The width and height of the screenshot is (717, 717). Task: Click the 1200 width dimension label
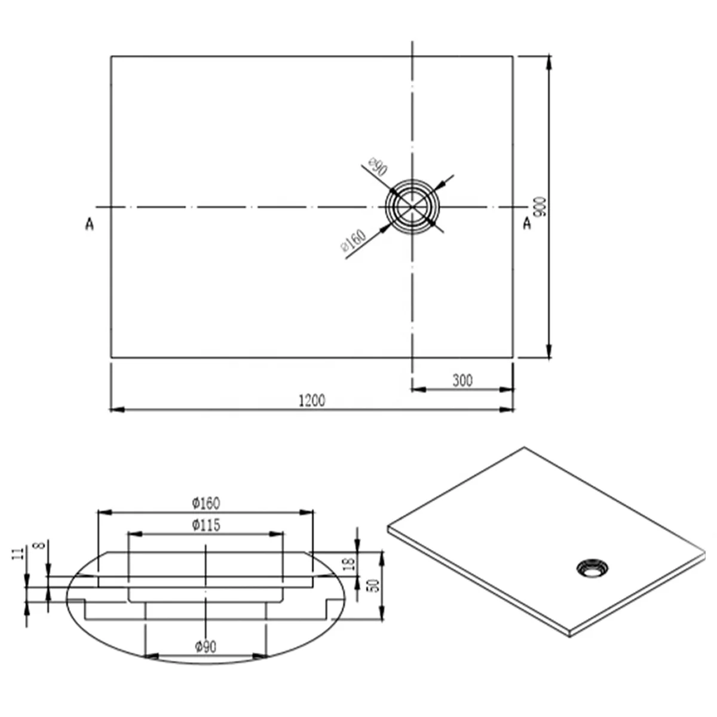[x=311, y=400]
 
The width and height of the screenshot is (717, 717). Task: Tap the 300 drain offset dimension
[x=462, y=380]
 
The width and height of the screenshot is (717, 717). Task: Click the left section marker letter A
[x=90, y=225]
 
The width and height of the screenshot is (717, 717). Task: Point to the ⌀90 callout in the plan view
[x=377, y=167]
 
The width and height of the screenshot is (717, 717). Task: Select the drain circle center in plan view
[x=412, y=207]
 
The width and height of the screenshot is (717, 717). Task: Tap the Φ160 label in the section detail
[x=206, y=503]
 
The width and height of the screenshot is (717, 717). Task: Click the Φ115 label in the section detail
[x=206, y=525]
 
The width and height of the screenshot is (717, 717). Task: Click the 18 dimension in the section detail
[x=350, y=562]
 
